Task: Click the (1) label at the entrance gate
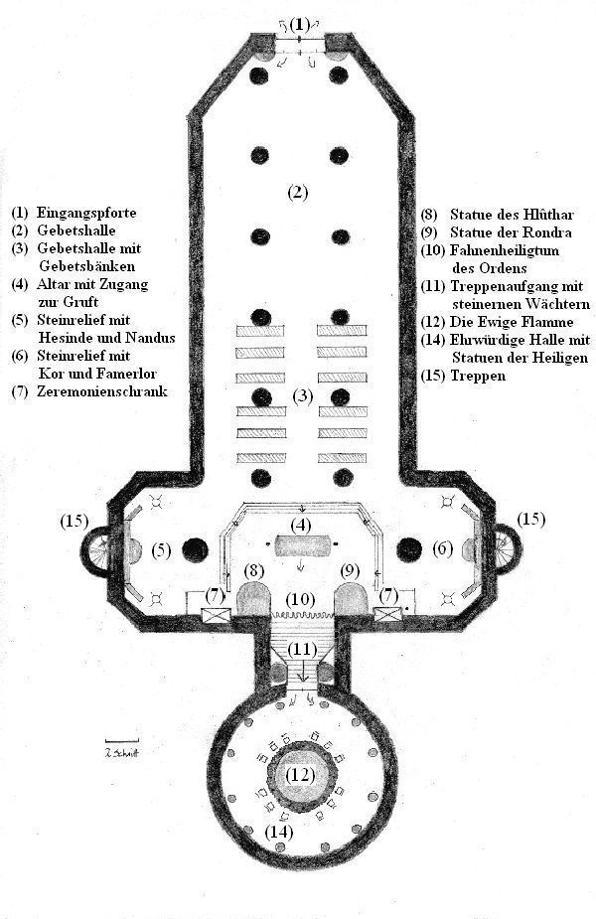[300, 25]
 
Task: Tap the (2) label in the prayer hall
[298, 192]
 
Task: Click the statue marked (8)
[252, 598]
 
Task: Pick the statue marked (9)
[351, 598]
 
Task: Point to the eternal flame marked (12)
[301, 775]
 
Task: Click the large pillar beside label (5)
[195, 550]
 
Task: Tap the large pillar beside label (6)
[409, 549]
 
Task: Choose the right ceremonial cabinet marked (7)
[388, 614]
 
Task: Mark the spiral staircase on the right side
[507, 549]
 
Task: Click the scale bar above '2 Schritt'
[122, 741]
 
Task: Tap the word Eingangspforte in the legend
[86, 213]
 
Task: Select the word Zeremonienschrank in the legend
[102, 391]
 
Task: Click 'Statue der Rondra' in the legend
[511, 232]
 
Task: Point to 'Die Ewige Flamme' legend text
[512, 322]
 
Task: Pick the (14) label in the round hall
[279, 832]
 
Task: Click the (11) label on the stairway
[302, 650]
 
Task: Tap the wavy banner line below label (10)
[302, 614]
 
